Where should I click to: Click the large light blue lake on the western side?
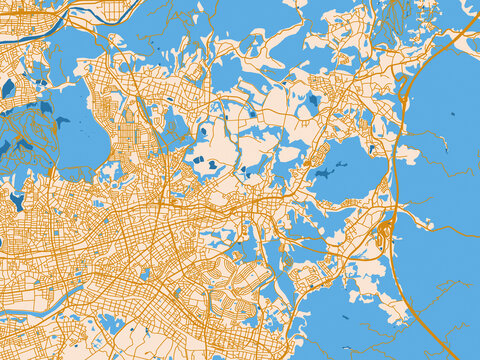(x=75, y=125)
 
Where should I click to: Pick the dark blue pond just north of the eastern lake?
(x=313, y=100)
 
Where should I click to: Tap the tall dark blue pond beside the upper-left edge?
(x=8, y=88)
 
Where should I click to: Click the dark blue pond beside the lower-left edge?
(x=16, y=201)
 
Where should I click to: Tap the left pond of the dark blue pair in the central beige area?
(x=198, y=160)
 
